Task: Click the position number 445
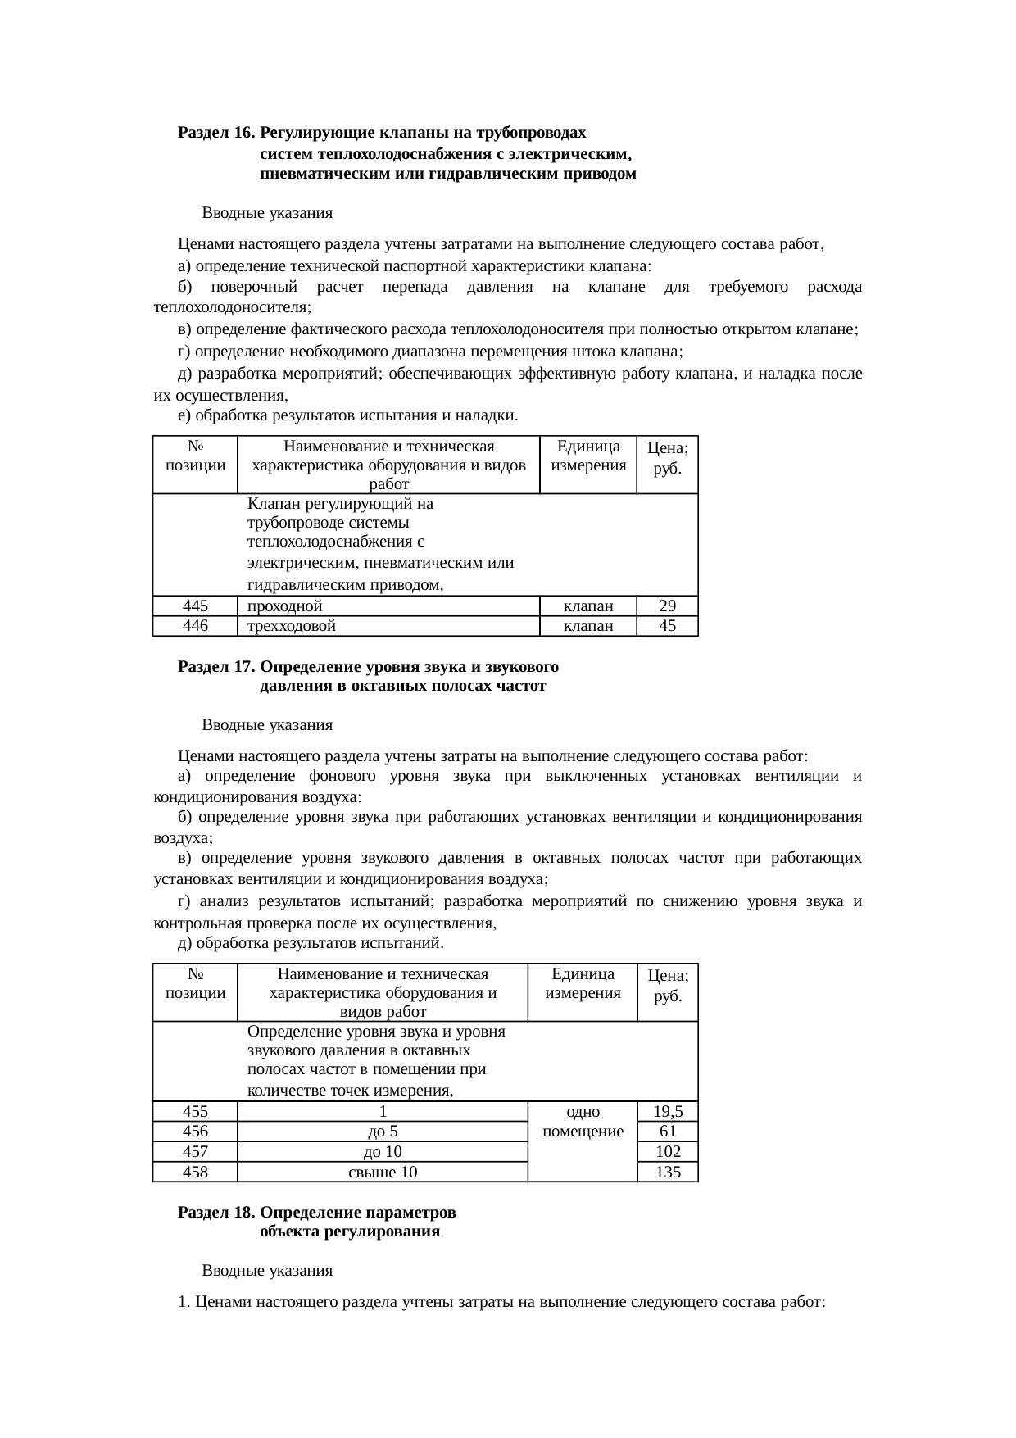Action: tap(195, 606)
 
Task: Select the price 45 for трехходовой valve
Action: tap(667, 626)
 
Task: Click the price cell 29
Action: tap(667, 606)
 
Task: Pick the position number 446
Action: tap(195, 626)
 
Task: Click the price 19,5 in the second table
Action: tap(669, 1112)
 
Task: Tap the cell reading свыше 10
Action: tap(383, 1172)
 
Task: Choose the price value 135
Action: tap(669, 1172)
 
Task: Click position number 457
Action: tap(195, 1152)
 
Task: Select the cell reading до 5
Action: tap(383, 1132)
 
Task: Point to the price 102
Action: tap(669, 1152)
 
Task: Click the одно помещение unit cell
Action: tap(583, 1122)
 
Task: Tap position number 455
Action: tap(195, 1112)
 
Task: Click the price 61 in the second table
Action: tap(669, 1132)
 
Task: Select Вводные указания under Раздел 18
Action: tap(267, 1271)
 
